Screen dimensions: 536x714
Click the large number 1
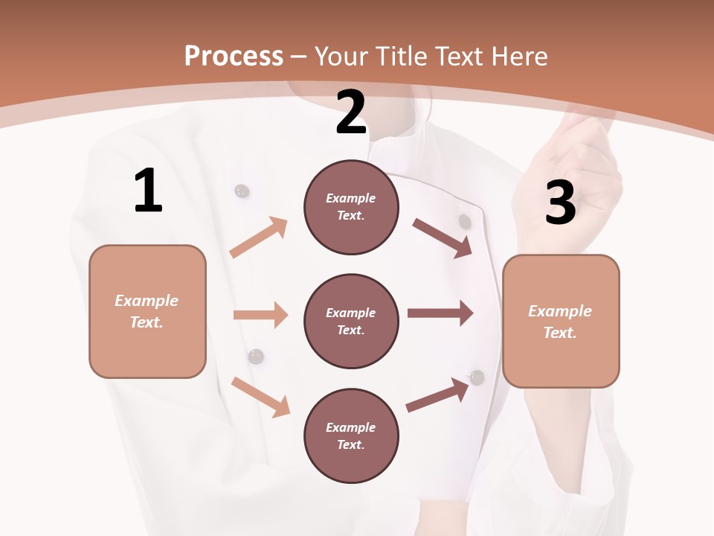pyautogui.click(x=148, y=191)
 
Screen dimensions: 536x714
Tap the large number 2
pyautogui.click(x=351, y=113)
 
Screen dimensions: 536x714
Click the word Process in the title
pyautogui.click(x=234, y=56)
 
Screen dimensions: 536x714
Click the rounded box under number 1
pyautogui.click(x=147, y=311)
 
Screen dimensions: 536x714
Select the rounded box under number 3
pyautogui.click(x=561, y=321)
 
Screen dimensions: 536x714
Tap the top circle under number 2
pyautogui.click(x=351, y=207)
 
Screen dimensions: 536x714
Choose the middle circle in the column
pyautogui.click(x=351, y=321)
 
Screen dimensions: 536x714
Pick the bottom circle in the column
pyautogui.click(x=351, y=435)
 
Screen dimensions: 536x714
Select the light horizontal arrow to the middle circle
pyautogui.click(x=260, y=315)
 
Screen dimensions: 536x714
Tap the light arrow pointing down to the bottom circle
pyautogui.click(x=261, y=397)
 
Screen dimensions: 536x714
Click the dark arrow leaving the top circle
pyautogui.click(x=443, y=237)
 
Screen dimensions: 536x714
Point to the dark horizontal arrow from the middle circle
pyautogui.click(x=440, y=313)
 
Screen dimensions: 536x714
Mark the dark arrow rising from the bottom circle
pyautogui.click(x=438, y=395)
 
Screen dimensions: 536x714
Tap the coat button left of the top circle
pyautogui.click(x=242, y=191)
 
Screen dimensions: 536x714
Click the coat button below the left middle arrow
pyautogui.click(x=256, y=357)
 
